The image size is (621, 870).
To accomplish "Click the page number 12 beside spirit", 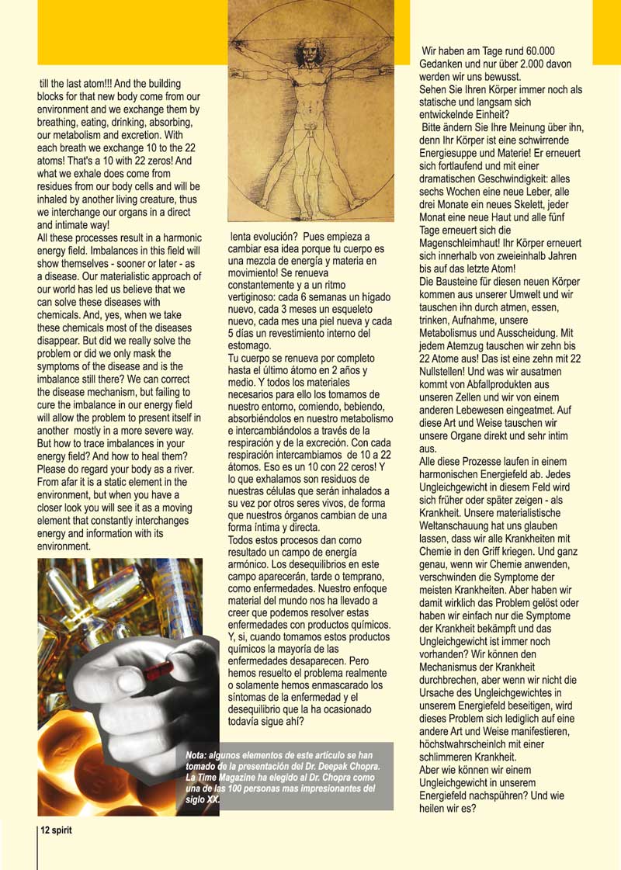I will (x=46, y=830).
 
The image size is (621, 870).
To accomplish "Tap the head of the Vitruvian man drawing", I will (x=309, y=54).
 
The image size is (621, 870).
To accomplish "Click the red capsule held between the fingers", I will (x=158, y=669).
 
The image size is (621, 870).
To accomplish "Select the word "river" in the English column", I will (x=190, y=470).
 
